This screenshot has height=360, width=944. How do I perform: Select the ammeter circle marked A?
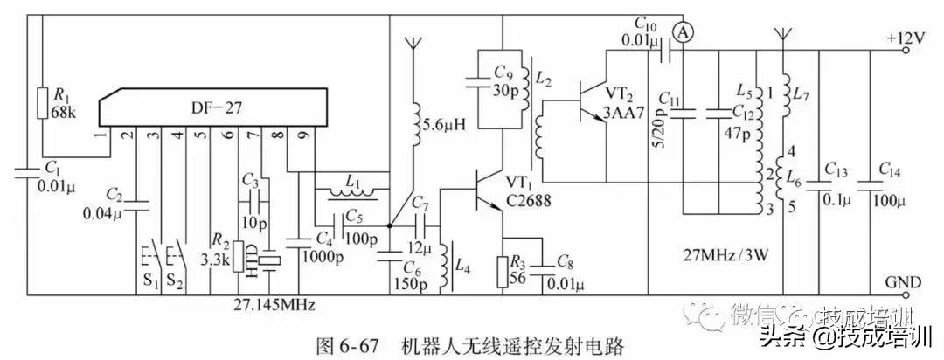coord(684,31)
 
